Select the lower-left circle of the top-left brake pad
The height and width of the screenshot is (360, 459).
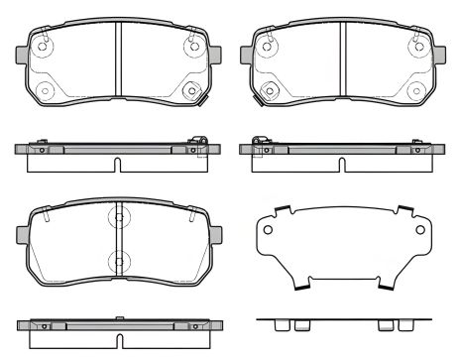pos(43,91)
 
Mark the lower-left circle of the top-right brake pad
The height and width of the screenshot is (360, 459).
pos(268,91)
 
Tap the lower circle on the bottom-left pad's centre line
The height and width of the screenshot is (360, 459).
pos(117,262)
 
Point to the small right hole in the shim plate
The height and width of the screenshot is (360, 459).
pos(422,234)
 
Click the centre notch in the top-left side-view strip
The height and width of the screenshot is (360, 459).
pos(117,163)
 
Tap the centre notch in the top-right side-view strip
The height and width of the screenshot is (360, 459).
pos(342,163)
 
